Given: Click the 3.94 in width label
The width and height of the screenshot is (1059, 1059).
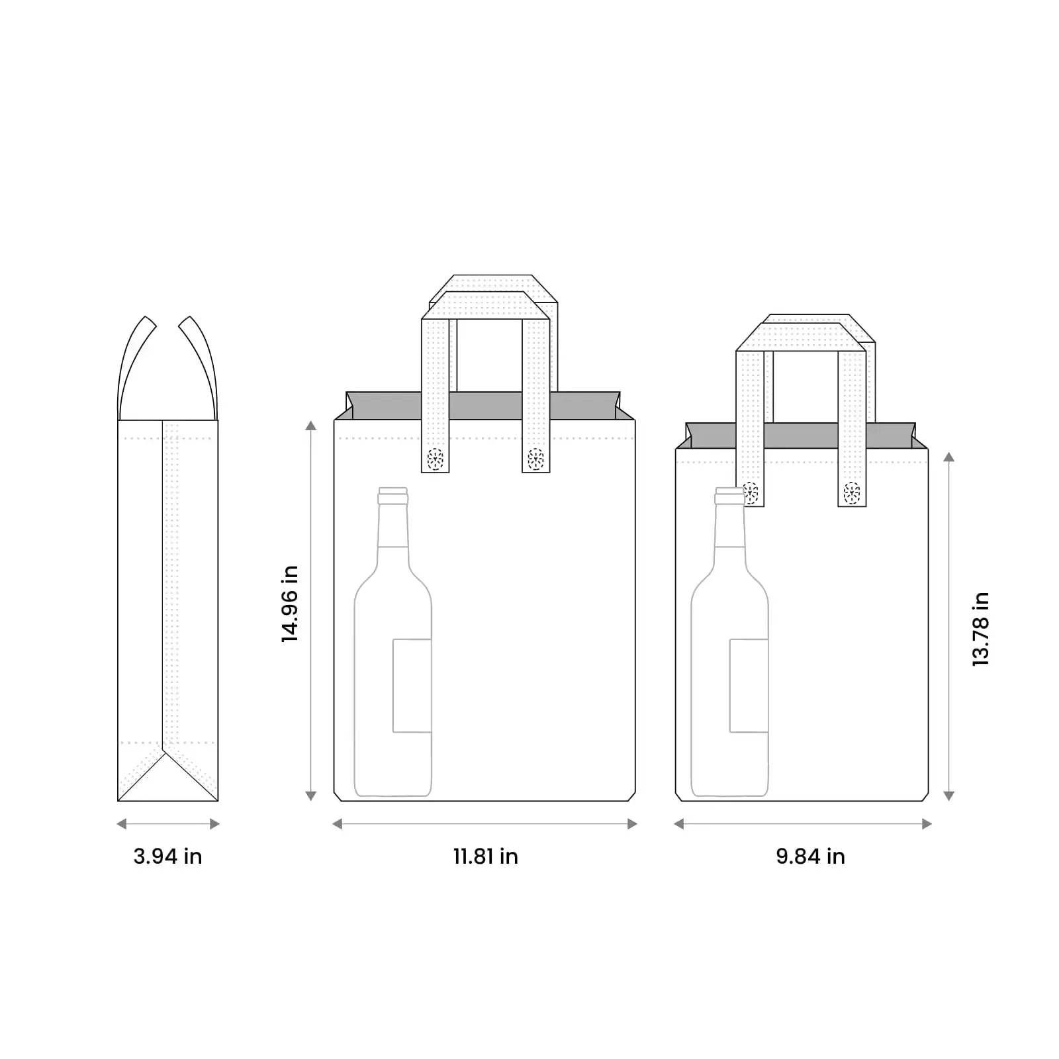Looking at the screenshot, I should [x=167, y=856].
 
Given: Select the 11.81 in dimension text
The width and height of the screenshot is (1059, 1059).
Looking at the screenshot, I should [x=485, y=856].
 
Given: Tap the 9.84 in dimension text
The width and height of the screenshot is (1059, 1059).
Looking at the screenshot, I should [x=810, y=856].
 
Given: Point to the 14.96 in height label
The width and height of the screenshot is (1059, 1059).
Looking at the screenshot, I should [x=290, y=604].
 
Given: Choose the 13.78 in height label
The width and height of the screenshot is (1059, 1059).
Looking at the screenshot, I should [x=980, y=629].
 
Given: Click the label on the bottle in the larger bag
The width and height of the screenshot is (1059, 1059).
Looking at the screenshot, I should [x=412, y=686].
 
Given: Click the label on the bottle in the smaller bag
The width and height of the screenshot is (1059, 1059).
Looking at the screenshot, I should [x=749, y=686].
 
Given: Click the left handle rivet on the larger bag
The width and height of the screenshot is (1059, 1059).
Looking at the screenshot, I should [x=435, y=458].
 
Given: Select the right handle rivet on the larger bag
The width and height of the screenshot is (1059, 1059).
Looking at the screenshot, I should [x=535, y=458].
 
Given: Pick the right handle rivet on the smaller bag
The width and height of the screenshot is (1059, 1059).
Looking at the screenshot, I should [x=852, y=492].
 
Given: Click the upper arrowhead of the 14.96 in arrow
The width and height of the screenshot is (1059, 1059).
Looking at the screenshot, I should [x=310, y=426].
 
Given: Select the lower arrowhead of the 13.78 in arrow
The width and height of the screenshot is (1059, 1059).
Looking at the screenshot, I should [x=948, y=796].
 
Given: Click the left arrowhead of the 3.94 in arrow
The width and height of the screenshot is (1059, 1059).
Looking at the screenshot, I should [x=121, y=824].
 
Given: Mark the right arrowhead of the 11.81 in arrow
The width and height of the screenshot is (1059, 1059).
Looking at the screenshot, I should [x=632, y=824].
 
